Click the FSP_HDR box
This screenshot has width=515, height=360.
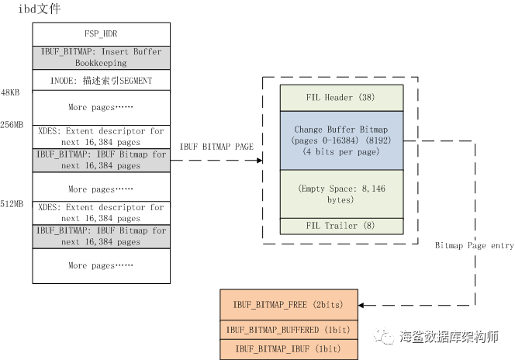point(101,35)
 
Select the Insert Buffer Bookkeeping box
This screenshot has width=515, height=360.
point(101,57)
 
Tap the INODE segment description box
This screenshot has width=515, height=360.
point(101,81)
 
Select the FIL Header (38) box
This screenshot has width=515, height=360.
point(341,97)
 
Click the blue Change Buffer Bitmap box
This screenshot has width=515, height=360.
point(341,140)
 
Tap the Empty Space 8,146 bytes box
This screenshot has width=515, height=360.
point(341,194)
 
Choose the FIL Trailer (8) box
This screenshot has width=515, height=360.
point(341,226)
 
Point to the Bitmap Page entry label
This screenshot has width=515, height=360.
point(474,245)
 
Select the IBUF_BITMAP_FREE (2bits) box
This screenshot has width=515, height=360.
point(288,304)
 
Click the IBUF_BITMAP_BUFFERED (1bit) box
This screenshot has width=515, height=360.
point(288,330)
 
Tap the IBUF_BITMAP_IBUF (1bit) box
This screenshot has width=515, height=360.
point(288,349)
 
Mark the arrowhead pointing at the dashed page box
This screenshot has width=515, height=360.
point(258,161)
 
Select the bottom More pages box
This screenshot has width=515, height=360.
point(101,265)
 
